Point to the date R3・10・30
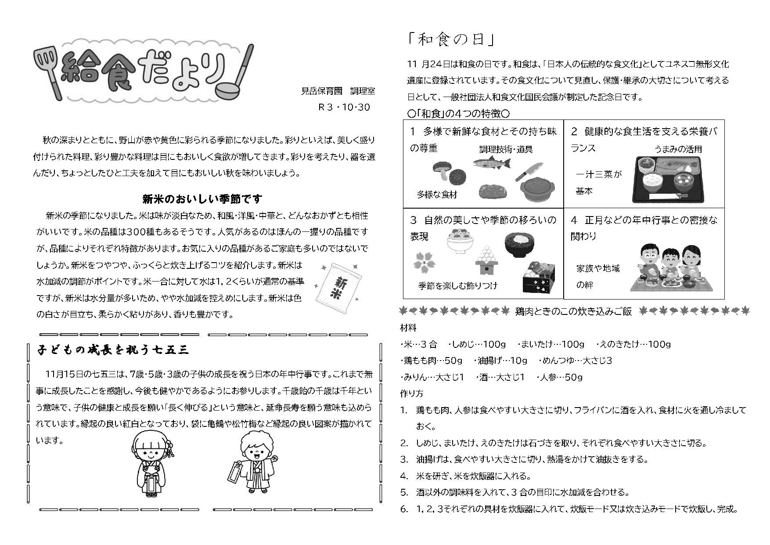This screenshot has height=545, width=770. tap(344, 107)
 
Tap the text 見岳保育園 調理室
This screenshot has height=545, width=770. tap(338, 91)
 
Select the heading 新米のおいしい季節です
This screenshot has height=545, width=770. tap(202, 199)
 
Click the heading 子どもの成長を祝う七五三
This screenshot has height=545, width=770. tap(114, 350)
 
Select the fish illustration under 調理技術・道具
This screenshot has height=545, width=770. tap(492, 163)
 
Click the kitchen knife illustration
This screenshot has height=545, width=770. tap(529, 171)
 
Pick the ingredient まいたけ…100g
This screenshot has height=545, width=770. tap(551, 344)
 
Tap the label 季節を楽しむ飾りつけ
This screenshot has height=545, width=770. tap(458, 285)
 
